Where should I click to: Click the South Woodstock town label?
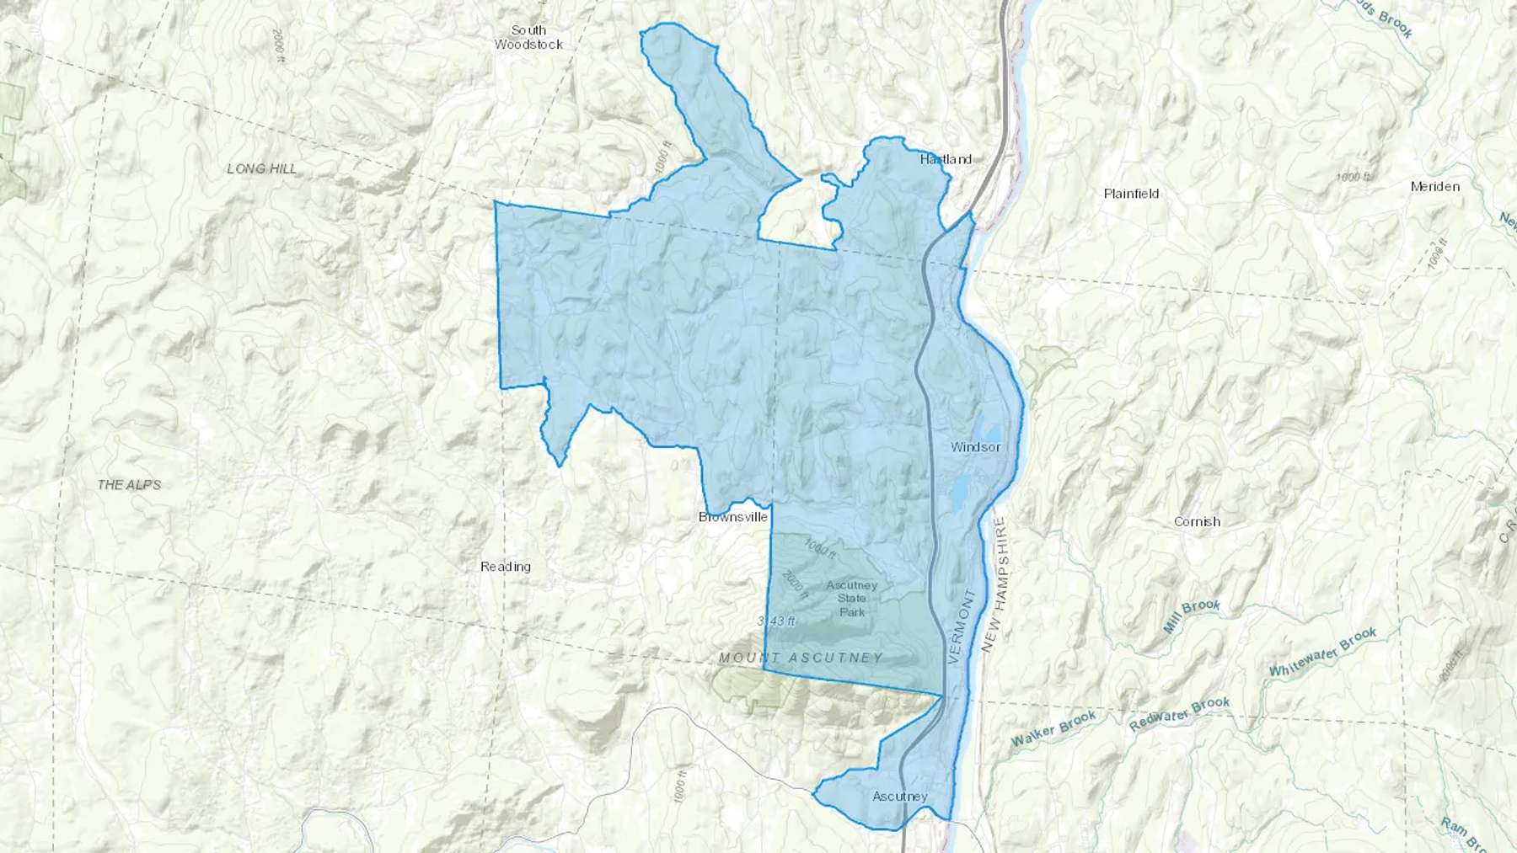point(528,37)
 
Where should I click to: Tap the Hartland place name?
point(946,159)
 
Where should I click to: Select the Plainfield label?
point(1131,194)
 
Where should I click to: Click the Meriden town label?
point(1434,186)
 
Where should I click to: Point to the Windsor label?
point(975,447)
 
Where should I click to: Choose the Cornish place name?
point(1197,521)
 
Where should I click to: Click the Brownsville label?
point(733,516)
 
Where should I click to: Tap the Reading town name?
point(506,567)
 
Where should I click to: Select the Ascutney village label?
point(900,797)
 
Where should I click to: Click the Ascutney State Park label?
point(851,599)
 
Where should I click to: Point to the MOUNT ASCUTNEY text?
point(801,658)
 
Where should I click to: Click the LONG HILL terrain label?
point(262,168)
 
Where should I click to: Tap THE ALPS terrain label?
point(129,485)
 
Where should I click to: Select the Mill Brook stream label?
point(1191,617)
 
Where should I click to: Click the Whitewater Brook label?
point(1322,653)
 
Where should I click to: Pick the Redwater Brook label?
point(1179,714)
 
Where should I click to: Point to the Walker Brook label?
point(1053,729)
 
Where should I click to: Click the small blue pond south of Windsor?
point(960,493)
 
